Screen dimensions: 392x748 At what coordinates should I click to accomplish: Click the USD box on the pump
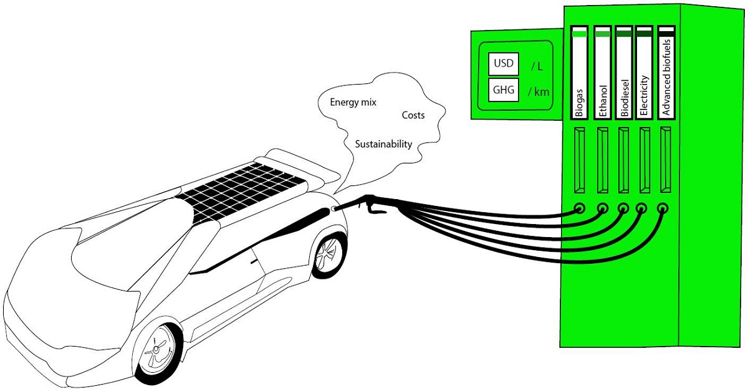[x=503, y=63]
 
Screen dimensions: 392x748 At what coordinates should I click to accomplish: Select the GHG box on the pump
[x=503, y=90]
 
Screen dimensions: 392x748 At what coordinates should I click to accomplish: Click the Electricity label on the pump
[x=644, y=97]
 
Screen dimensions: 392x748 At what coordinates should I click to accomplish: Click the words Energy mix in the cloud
[x=353, y=101]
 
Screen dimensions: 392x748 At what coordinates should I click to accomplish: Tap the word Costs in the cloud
[x=413, y=116]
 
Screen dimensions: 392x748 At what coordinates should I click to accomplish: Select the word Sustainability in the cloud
[x=383, y=144]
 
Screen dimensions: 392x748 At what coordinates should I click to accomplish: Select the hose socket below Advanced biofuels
[x=663, y=208]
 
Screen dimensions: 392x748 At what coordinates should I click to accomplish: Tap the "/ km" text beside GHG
[x=537, y=91]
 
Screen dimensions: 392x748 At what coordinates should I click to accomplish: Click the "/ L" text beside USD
[x=537, y=65]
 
